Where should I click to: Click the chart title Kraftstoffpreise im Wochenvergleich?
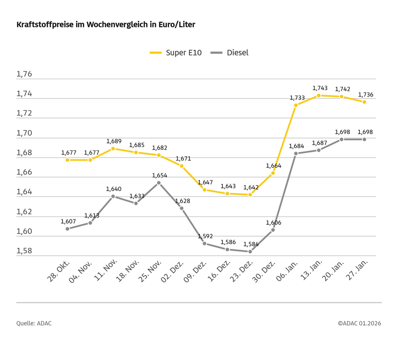[106, 25]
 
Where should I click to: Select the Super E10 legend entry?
[176, 53]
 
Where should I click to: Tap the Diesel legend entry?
[230, 53]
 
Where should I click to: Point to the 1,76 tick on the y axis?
[24, 74]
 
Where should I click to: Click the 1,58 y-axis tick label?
[24, 251]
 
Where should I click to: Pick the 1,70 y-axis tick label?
[24, 133]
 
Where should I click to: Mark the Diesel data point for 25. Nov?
[159, 183]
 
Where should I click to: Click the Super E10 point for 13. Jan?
[319, 96]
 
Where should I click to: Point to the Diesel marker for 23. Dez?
[250, 252]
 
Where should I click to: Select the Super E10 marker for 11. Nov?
[113, 149]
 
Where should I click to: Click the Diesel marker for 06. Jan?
[296, 154]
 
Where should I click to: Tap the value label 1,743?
[320, 88]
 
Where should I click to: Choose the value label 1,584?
[251, 244]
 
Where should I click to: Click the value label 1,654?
[160, 175]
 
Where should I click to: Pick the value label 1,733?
[297, 98]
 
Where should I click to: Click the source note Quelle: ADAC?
[34, 323]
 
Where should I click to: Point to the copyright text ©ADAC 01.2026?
[360, 323]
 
